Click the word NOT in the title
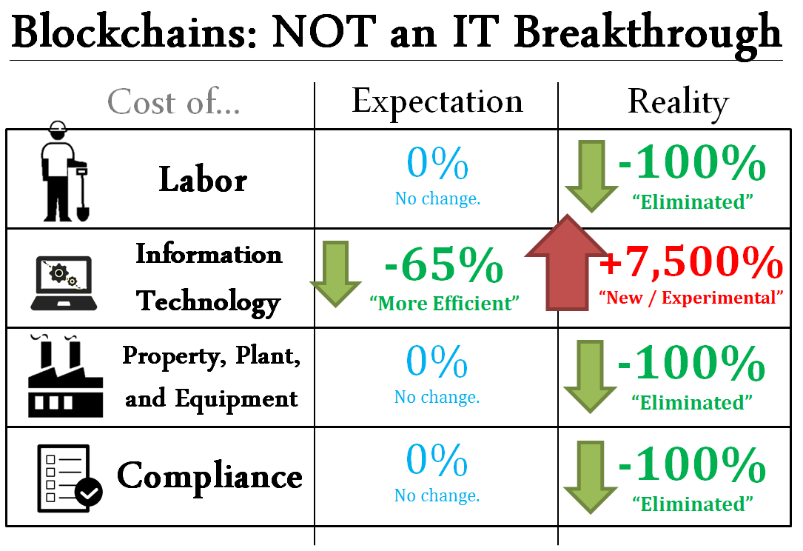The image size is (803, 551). tap(324, 32)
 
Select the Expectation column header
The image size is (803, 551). tap(437, 102)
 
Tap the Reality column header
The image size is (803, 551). tap(678, 103)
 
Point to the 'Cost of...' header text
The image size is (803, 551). tap(174, 101)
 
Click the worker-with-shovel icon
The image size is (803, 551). tap(64, 172)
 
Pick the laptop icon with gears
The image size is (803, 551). tap(64, 284)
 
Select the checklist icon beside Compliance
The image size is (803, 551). tap(70, 478)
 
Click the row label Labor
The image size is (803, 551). tap(203, 180)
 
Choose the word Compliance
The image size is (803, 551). tap(209, 477)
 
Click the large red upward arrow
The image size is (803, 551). tap(567, 262)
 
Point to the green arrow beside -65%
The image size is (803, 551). tap(335, 274)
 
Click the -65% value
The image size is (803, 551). tap(443, 264)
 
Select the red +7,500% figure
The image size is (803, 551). tap(691, 262)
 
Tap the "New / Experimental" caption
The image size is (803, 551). tap(691, 297)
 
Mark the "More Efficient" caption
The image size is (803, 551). tap(444, 304)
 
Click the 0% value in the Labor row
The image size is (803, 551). tap(437, 163)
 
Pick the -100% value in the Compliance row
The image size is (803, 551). tap(692, 464)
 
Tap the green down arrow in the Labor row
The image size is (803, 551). tap(591, 176)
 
